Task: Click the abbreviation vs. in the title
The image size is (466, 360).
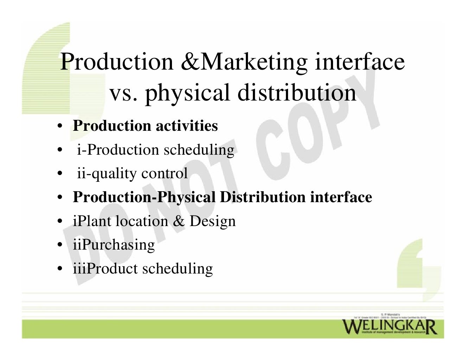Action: (123, 93)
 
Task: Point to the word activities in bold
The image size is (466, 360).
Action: (187, 126)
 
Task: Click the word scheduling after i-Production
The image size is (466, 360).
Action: (199, 150)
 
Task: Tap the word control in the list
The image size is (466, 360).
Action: (164, 173)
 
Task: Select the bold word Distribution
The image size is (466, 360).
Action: (263, 197)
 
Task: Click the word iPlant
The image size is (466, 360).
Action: (92, 221)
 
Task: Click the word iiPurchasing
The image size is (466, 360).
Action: (114, 245)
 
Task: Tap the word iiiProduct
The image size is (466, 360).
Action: (105, 269)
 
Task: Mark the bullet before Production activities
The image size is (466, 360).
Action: (60, 126)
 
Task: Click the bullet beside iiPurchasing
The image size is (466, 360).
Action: (60, 245)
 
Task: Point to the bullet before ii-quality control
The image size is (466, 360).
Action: (60, 174)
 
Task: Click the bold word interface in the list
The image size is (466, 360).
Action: (341, 197)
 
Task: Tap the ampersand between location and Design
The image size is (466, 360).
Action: (179, 221)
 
